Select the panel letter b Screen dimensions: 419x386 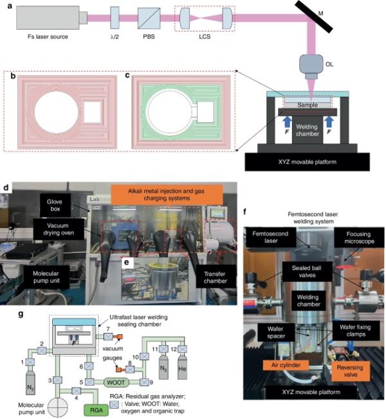(12, 76)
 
